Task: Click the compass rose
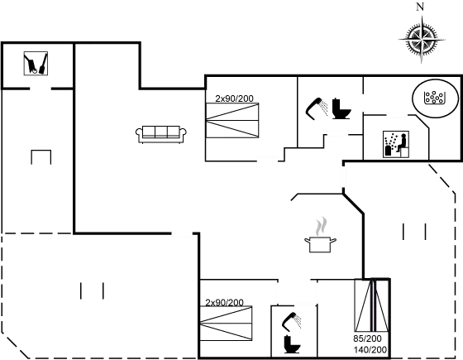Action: (x=422, y=39)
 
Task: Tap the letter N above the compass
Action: (x=420, y=7)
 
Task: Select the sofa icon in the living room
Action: (x=161, y=134)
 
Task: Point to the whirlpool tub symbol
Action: (x=435, y=98)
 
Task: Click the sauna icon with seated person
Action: (x=396, y=144)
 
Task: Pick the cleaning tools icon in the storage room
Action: (x=36, y=63)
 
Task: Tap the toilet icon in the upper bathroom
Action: (x=341, y=108)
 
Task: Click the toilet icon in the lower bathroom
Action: (x=292, y=344)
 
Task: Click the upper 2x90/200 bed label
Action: (x=234, y=98)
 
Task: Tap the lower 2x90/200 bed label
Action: (x=224, y=302)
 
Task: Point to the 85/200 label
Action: (x=367, y=338)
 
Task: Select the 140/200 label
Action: (x=370, y=349)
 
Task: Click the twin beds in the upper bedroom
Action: (x=232, y=120)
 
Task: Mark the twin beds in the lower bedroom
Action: (x=227, y=324)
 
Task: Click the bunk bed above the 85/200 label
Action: (x=372, y=305)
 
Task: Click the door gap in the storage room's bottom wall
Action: (x=41, y=89)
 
